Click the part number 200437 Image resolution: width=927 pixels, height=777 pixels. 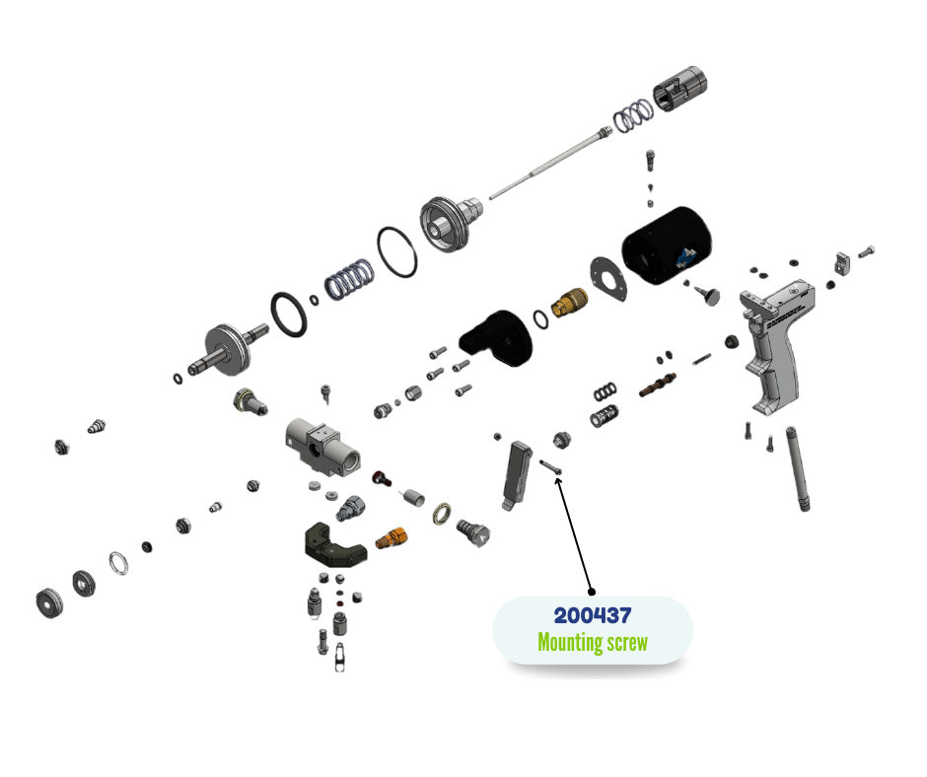click(x=592, y=616)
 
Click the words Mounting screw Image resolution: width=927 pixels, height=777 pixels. click(x=592, y=643)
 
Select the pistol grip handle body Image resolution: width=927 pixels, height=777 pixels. click(x=778, y=345)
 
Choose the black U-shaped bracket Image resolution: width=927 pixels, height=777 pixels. click(x=331, y=541)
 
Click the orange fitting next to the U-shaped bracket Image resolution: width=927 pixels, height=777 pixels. click(x=392, y=538)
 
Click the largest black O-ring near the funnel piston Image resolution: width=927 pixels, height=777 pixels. click(x=396, y=252)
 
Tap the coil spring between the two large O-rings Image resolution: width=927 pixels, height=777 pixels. click(x=348, y=278)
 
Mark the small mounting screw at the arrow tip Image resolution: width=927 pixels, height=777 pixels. click(x=549, y=466)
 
